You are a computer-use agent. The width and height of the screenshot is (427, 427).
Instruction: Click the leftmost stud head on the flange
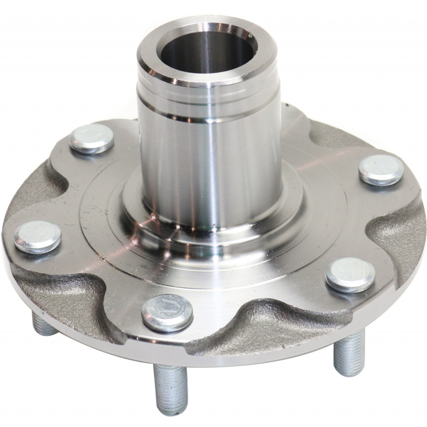38,236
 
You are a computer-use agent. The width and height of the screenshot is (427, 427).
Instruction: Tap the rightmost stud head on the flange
381,170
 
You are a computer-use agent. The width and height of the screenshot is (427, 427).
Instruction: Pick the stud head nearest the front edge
167,312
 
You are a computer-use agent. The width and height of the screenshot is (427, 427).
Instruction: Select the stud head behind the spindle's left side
91,139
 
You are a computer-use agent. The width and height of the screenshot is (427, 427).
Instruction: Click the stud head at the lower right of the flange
350,274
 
